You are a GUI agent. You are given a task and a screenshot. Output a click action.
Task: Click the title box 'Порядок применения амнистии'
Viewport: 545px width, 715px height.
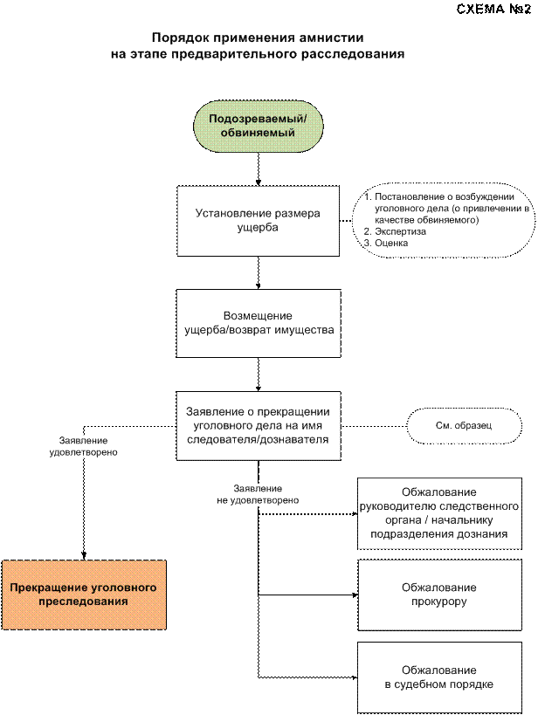coord(258,45)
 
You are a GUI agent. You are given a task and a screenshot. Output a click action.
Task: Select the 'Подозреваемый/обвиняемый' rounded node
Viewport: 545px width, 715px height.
coord(259,126)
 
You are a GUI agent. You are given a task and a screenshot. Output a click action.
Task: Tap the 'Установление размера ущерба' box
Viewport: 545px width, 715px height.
coord(258,220)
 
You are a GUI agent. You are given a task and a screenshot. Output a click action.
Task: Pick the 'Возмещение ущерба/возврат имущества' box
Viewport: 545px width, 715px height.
coord(258,323)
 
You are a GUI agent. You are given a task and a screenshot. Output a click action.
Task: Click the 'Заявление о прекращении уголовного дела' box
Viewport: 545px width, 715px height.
coord(258,425)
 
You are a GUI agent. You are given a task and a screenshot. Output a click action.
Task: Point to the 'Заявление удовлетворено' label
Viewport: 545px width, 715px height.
coord(84,447)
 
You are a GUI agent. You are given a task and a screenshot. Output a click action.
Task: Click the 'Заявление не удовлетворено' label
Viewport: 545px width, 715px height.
coord(258,495)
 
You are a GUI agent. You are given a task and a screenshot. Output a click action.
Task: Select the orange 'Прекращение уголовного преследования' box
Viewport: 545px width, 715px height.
coord(84,595)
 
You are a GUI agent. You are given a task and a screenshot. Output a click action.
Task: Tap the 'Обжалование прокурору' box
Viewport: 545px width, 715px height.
coord(439,595)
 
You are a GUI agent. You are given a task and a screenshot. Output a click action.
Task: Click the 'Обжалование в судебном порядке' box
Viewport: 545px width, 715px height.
coord(439,677)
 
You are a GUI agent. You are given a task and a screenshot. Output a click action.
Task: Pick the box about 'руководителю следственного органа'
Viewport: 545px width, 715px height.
coord(439,513)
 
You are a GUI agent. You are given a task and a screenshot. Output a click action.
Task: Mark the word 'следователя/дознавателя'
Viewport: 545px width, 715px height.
coord(258,440)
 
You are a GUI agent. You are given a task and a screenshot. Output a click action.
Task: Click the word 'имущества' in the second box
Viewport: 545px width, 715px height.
coord(302,331)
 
